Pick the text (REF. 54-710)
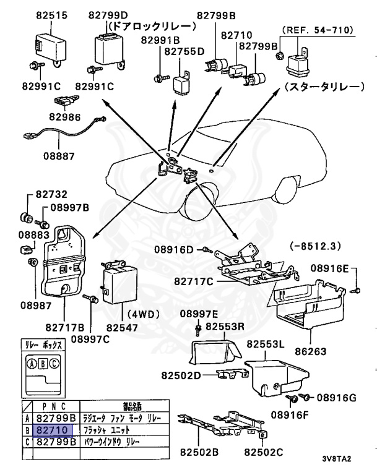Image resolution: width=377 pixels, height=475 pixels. (x=317, y=29)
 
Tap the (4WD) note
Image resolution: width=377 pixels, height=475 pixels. (x=144, y=314)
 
